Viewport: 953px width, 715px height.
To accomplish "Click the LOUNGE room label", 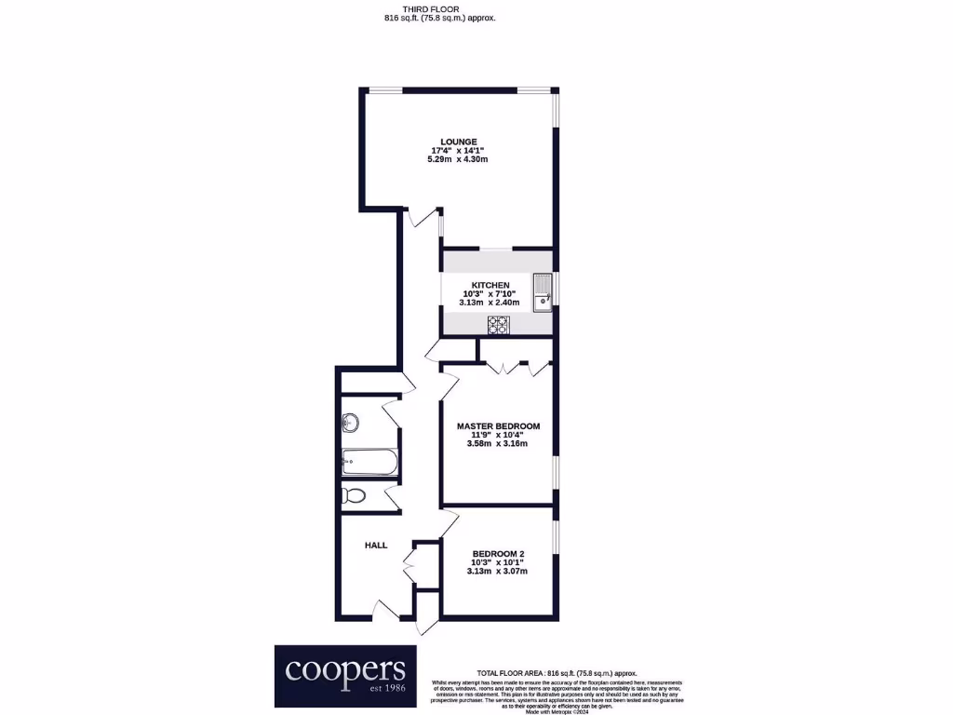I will (x=459, y=142).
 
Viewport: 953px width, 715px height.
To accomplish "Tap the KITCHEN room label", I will (x=490, y=285).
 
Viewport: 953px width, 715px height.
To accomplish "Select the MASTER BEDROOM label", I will (x=498, y=426).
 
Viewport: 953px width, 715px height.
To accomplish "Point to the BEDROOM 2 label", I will (x=497, y=553).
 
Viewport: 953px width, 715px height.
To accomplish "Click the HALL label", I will (x=376, y=546).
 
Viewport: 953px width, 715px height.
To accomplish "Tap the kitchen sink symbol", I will (x=543, y=292).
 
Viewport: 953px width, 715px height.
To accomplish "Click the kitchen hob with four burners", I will (x=499, y=325).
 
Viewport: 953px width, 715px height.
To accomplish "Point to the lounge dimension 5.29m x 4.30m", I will (x=459, y=160).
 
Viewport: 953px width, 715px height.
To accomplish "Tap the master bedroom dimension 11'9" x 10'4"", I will (x=498, y=435).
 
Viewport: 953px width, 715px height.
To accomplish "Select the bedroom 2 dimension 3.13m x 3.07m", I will (x=497, y=571).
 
